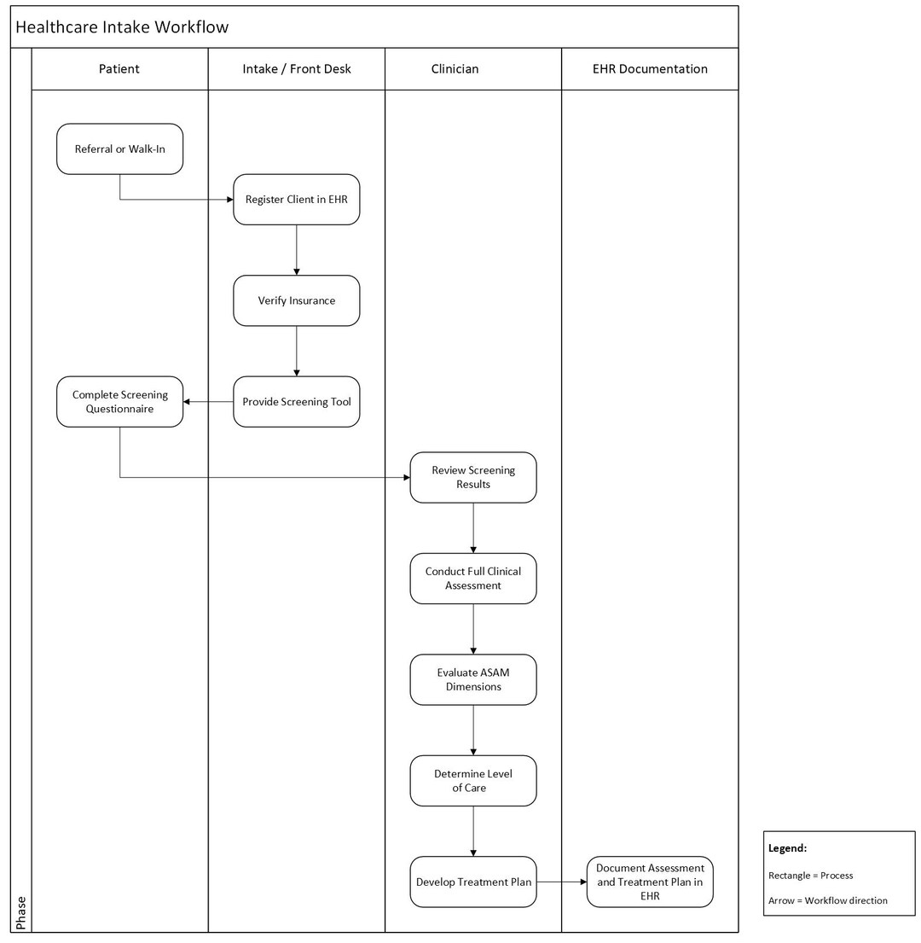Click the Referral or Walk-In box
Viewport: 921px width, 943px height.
(x=119, y=149)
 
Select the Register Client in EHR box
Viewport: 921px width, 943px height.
(x=296, y=200)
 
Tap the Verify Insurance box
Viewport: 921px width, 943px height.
(x=296, y=300)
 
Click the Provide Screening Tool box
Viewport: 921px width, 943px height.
(x=296, y=402)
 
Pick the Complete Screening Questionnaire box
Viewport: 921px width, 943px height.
(x=119, y=402)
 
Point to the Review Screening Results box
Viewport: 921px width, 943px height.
(x=472, y=478)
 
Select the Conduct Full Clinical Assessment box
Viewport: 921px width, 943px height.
(x=472, y=579)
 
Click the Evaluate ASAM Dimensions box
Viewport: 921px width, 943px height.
(x=472, y=679)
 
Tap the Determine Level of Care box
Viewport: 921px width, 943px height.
(x=472, y=781)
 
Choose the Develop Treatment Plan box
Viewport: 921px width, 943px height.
(x=472, y=882)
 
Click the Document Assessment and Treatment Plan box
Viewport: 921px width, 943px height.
(x=650, y=882)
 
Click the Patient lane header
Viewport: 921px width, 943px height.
(x=119, y=69)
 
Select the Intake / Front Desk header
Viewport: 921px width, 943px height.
(x=296, y=69)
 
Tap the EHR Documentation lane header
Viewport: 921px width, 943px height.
(x=650, y=69)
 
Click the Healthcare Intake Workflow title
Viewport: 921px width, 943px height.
(x=122, y=27)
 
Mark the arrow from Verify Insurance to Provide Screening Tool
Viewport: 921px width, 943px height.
(x=296, y=352)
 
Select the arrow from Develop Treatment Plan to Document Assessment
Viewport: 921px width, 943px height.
(x=562, y=882)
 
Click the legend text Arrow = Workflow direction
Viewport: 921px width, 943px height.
(x=827, y=900)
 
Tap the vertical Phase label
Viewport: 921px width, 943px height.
(x=21, y=913)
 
